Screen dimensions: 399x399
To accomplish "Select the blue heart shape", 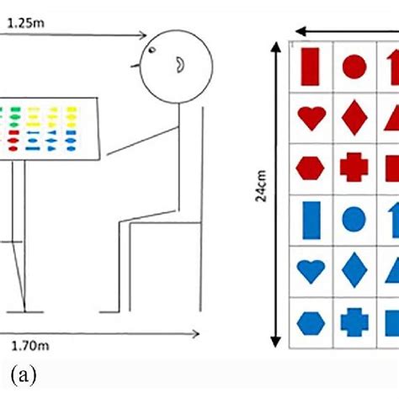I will [x=311, y=271].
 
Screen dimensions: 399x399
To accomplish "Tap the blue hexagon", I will [x=311, y=322].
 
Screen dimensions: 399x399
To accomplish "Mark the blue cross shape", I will [x=354, y=322].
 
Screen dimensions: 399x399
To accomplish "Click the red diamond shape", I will [x=354, y=117].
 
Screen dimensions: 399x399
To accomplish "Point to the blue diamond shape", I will [x=354, y=270].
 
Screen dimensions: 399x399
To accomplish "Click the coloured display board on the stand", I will [x=51, y=130].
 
